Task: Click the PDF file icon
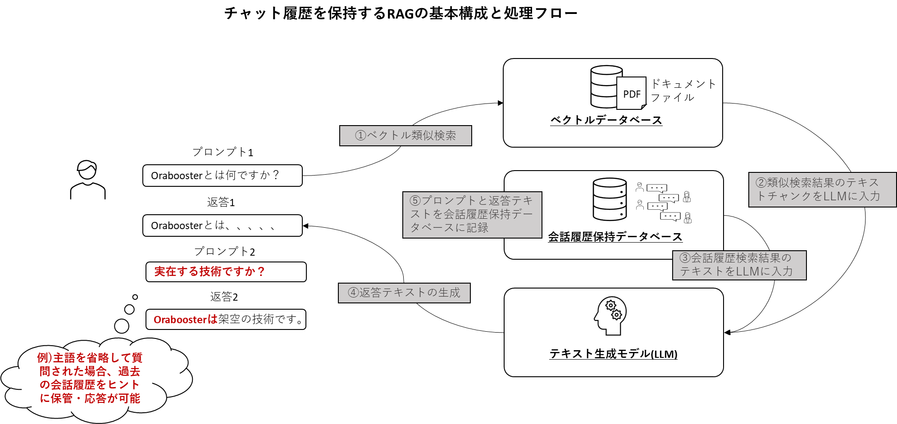(631, 93)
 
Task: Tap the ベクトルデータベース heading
(606, 120)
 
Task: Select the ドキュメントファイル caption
(683, 90)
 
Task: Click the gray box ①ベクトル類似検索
(405, 135)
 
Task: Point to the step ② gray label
(822, 189)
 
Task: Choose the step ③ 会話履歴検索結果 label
(739, 265)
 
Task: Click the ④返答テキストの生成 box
(404, 293)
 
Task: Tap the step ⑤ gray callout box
(472, 215)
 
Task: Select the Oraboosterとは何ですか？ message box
(222, 176)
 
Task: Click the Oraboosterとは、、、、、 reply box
(222, 226)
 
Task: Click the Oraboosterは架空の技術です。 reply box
(226, 320)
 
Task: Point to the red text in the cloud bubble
(90, 378)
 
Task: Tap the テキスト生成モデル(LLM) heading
(613, 354)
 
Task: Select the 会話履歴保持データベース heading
(615, 237)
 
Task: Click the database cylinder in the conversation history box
(610, 199)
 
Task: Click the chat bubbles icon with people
(664, 203)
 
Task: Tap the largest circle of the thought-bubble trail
(122, 326)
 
